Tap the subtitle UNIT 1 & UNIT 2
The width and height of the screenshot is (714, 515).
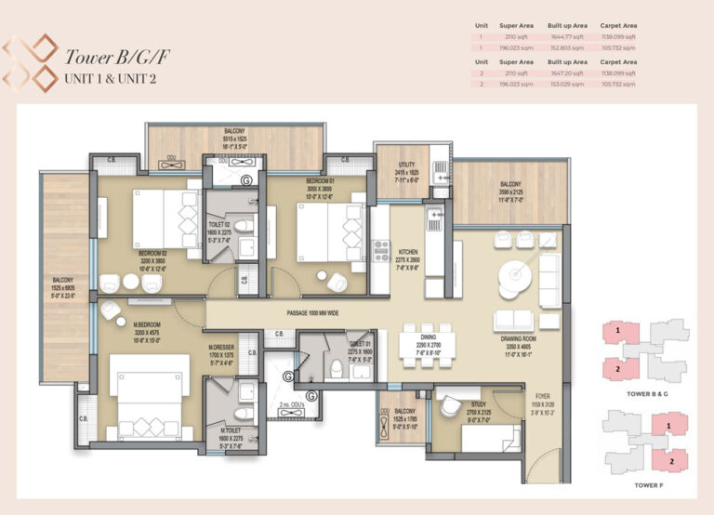tap(110, 78)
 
